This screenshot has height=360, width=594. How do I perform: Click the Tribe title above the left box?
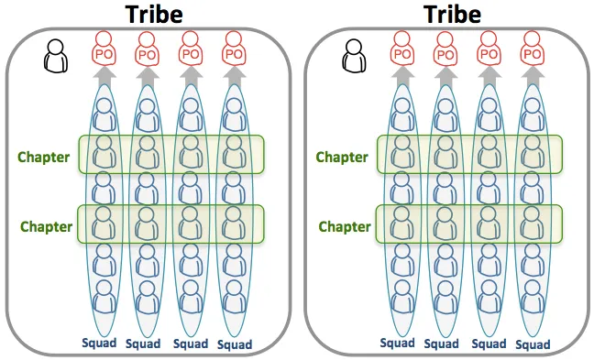pyautogui.click(x=154, y=15)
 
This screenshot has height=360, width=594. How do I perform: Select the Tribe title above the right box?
pyautogui.click(x=452, y=15)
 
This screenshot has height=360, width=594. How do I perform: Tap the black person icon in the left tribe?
pyautogui.click(x=56, y=56)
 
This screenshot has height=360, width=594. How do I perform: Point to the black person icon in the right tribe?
pyautogui.click(x=354, y=56)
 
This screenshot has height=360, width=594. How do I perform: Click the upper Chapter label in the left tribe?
pyautogui.click(x=44, y=157)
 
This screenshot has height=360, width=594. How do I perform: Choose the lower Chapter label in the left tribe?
pyautogui.click(x=46, y=226)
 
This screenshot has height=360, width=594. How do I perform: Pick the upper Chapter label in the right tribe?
pyautogui.click(x=342, y=157)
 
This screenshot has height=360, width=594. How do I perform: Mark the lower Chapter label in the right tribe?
pyautogui.click(x=345, y=226)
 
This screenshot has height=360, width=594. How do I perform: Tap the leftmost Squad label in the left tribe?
pyautogui.click(x=99, y=343)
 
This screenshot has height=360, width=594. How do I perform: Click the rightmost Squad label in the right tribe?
pyautogui.click(x=533, y=344)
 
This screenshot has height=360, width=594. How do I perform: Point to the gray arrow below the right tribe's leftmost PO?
pyautogui.click(x=402, y=76)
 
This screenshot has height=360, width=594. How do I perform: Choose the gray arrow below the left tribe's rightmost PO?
pyautogui.click(x=234, y=76)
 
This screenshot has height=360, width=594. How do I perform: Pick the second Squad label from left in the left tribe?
pyautogui.click(x=143, y=344)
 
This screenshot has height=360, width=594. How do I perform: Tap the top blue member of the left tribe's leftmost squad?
pyautogui.click(x=104, y=115)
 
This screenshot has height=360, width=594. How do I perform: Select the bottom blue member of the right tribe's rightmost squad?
pyautogui.click(x=533, y=297)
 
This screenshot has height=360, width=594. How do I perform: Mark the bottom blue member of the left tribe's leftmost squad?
pyautogui.click(x=104, y=297)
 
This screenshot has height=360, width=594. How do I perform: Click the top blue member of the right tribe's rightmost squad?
pyautogui.click(x=533, y=115)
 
